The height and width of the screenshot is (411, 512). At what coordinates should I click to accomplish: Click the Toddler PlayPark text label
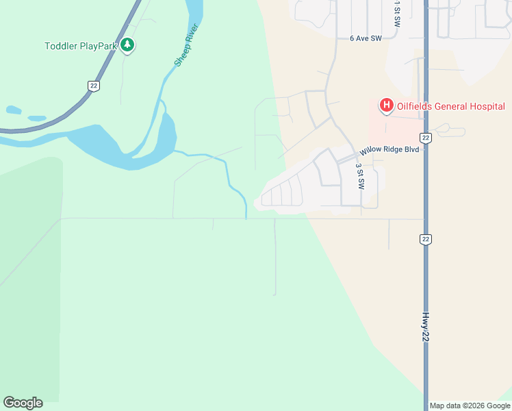point(81,47)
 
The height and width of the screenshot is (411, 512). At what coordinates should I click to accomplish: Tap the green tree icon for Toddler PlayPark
point(127,46)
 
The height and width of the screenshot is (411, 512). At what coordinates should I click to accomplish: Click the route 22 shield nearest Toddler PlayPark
point(94,85)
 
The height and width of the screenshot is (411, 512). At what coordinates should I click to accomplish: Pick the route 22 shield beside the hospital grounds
point(426,138)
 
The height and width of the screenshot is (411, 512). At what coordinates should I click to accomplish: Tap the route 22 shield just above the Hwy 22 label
point(426,238)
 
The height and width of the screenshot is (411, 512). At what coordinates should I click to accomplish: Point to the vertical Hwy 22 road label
point(426,328)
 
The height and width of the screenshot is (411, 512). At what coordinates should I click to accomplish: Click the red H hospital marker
point(386,105)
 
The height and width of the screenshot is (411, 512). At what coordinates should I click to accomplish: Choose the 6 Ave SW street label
point(364,39)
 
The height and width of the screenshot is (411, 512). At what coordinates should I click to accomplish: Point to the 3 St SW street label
point(360,176)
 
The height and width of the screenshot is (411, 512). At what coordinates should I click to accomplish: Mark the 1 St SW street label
point(397,14)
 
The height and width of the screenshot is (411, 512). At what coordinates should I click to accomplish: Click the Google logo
point(23,403)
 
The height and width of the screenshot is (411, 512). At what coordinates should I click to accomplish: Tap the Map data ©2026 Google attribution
point(470,406)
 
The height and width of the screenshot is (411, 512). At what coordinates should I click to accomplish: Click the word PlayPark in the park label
point(98,47)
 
